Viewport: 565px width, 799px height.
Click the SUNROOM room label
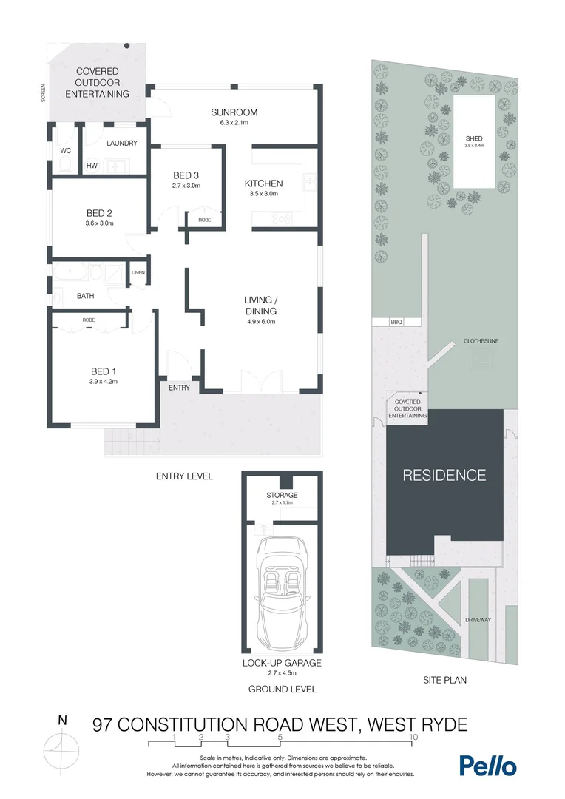tap(234, 112)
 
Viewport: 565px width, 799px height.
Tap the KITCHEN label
tap(263, 183)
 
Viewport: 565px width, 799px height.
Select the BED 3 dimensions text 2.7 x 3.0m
tap(186, 186)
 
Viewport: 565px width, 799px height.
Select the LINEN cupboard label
tap(138, 273)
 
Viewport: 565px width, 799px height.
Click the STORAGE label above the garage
tap(282, 495)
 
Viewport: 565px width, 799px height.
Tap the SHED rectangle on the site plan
tap(474, 141)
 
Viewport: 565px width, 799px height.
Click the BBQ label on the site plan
tap(396, 323)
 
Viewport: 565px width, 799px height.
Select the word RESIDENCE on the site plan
tap(444, 475)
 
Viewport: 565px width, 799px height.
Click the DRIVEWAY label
tap(478, 619)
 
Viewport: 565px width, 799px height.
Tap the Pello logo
tap(487, 766)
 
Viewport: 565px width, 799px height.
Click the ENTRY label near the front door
tap(179, 388)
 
